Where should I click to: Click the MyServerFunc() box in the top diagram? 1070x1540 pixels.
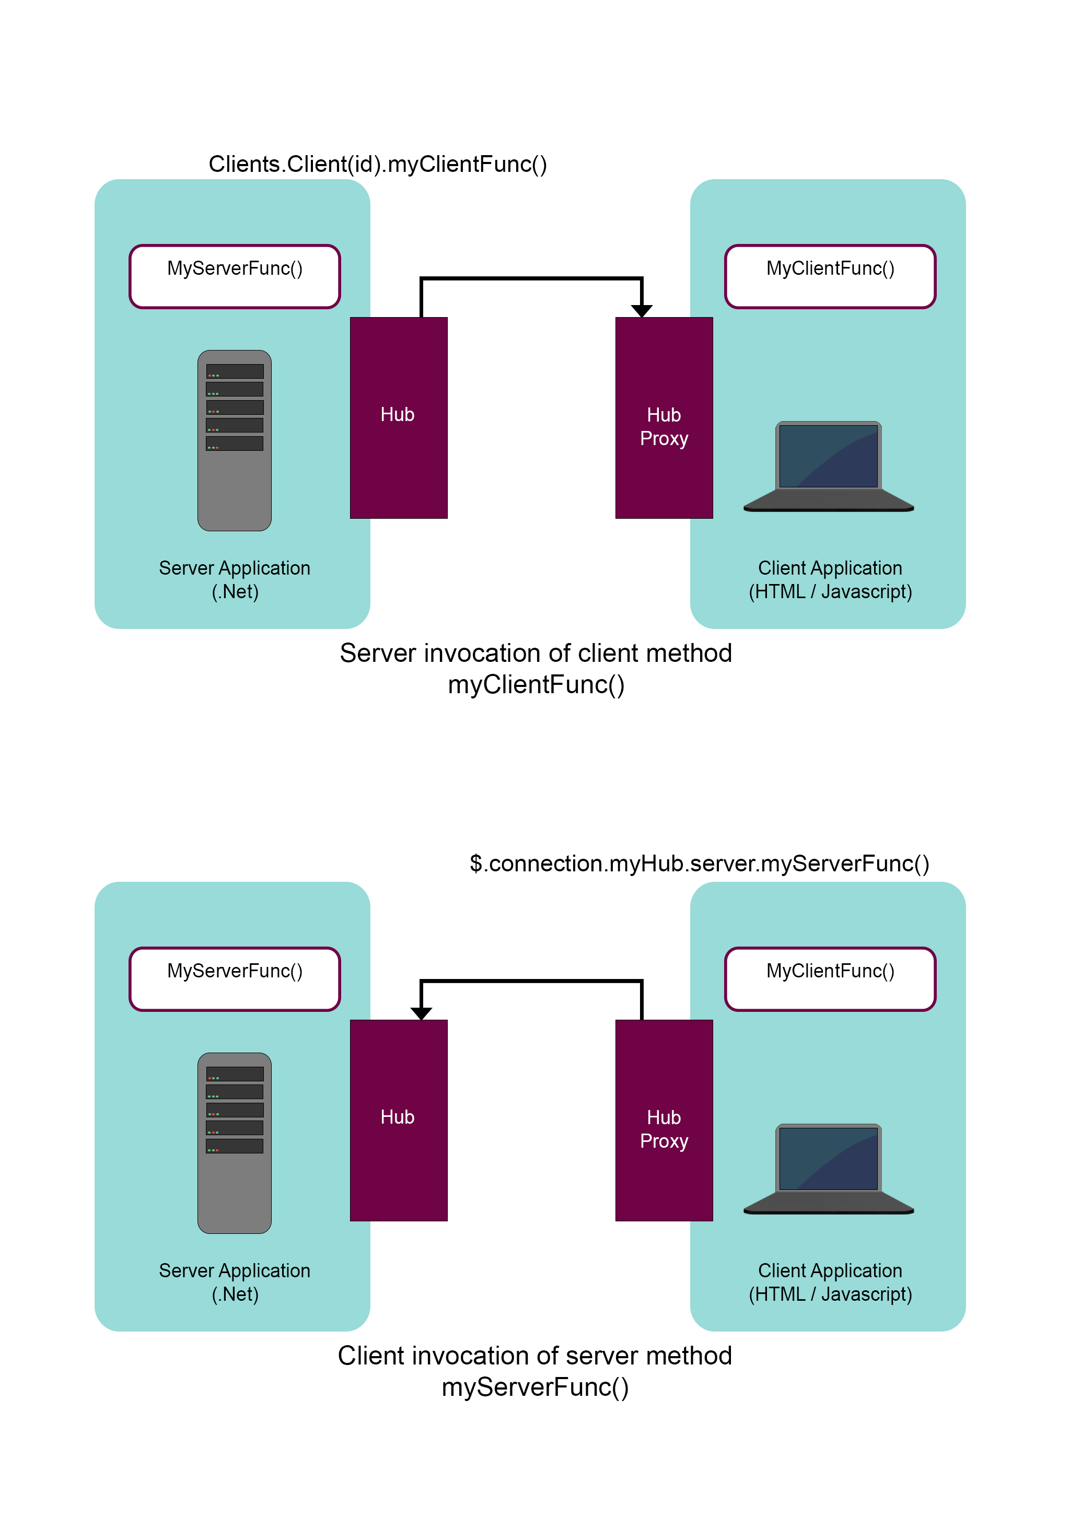point(235,276)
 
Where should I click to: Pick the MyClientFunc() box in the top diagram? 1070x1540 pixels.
point(830,276)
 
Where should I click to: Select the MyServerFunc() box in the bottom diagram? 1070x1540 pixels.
point(235,978)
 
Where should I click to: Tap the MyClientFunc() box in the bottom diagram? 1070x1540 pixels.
point(830,978)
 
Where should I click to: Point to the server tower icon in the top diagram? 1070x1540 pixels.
point(235,440)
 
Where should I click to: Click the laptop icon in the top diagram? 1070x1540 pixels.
point(829,466)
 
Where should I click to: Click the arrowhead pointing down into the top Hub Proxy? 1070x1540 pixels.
point(642,311)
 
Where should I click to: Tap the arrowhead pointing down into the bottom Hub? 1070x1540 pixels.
point(421,1013)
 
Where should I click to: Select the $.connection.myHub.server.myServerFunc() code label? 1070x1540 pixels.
point(699,864)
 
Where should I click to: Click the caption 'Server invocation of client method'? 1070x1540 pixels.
point(536,653)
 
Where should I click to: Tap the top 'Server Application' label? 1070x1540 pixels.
point(235,568)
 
